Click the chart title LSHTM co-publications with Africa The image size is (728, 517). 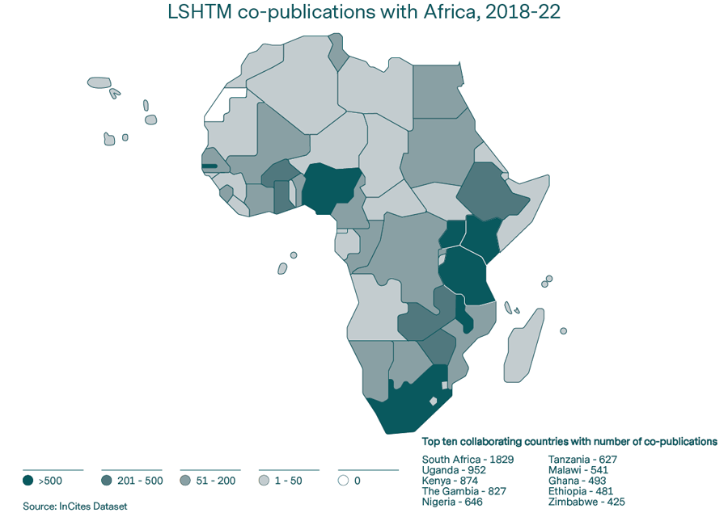[363, 13]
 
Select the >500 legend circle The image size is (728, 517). [28, 481]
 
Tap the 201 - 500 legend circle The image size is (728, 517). [107, 481]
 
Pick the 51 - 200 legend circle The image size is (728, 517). [185, 481]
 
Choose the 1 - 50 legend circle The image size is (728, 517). [264, 481]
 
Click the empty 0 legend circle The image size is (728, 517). [343, 481]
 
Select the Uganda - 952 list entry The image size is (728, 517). [454, 470]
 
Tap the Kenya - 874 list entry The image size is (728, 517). [449, 481]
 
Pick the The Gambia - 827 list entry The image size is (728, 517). [463, 491]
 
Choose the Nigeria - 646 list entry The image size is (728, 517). [452, 502]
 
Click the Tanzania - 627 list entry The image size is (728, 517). [582, 460]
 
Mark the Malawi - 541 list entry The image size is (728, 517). [578, 470]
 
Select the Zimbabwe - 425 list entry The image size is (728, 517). [586, 502]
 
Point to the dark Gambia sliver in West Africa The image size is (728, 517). [210, 166]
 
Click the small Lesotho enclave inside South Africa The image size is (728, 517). [434, 401]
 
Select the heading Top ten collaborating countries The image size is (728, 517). [569, 442]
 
